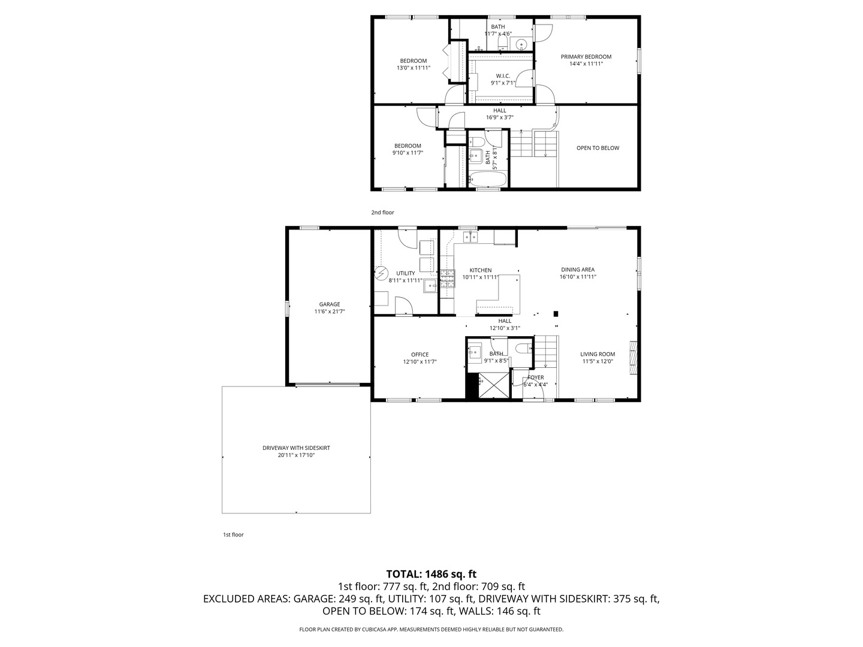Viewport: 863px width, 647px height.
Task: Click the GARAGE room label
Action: (x=329, y=304)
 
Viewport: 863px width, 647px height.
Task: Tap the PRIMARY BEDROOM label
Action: (x=586, y=57)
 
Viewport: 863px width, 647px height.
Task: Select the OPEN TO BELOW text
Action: (x=598, y=148)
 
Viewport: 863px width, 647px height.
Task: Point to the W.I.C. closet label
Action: (x=502, y=76)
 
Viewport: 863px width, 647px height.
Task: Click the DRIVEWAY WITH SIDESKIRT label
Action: (x=296, y=448)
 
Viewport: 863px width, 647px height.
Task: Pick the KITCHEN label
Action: (x=480, y=270)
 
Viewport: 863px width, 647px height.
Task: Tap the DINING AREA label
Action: (x=577, y=270)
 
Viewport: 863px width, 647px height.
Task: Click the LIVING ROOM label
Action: (x=597, y=354)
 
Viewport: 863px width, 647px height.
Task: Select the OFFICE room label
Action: (x=420, y=355)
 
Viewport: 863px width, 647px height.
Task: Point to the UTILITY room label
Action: (x=405, y=273)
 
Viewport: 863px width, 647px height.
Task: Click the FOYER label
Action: (x=535, y=377)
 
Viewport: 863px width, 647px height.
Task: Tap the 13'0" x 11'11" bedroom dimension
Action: (x=413, y=68)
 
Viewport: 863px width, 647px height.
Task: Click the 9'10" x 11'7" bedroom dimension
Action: (x=407, y=153)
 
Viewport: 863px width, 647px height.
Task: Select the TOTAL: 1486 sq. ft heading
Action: (x=431, y=574)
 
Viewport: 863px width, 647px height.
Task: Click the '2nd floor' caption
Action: (x=382, y=213)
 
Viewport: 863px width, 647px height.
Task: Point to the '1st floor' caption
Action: (x=233, y=534)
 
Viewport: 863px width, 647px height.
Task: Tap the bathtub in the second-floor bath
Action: (x=488, y=179)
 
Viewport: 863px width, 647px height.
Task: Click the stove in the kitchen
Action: (x=447, y=279)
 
